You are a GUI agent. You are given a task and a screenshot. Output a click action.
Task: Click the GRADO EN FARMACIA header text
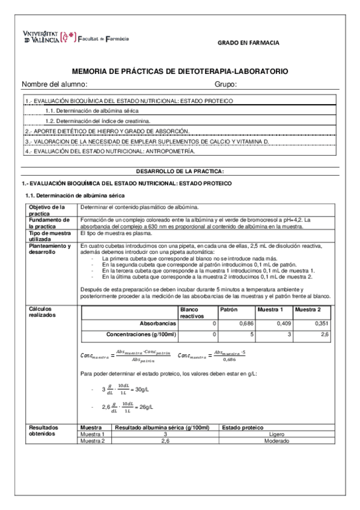pyautogui.click(x=248, y=43)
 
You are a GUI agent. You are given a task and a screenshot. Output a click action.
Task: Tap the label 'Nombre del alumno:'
pyautogui.click(x=55, y=84)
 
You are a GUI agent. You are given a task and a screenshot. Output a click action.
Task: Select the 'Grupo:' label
pyautogui.click(x=225, y=84)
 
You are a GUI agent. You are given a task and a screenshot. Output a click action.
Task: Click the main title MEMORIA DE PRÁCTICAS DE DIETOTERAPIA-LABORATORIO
pyautogui.click(x=180, y=72)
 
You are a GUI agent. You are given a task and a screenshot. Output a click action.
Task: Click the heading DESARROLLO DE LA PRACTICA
pyautogui.click(x=180, y=171)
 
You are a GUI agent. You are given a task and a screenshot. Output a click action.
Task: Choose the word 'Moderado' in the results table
pyautogui.click(x=276, y=440)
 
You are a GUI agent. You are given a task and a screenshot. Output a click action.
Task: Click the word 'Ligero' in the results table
pyautogui.click(x=276, y=434)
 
